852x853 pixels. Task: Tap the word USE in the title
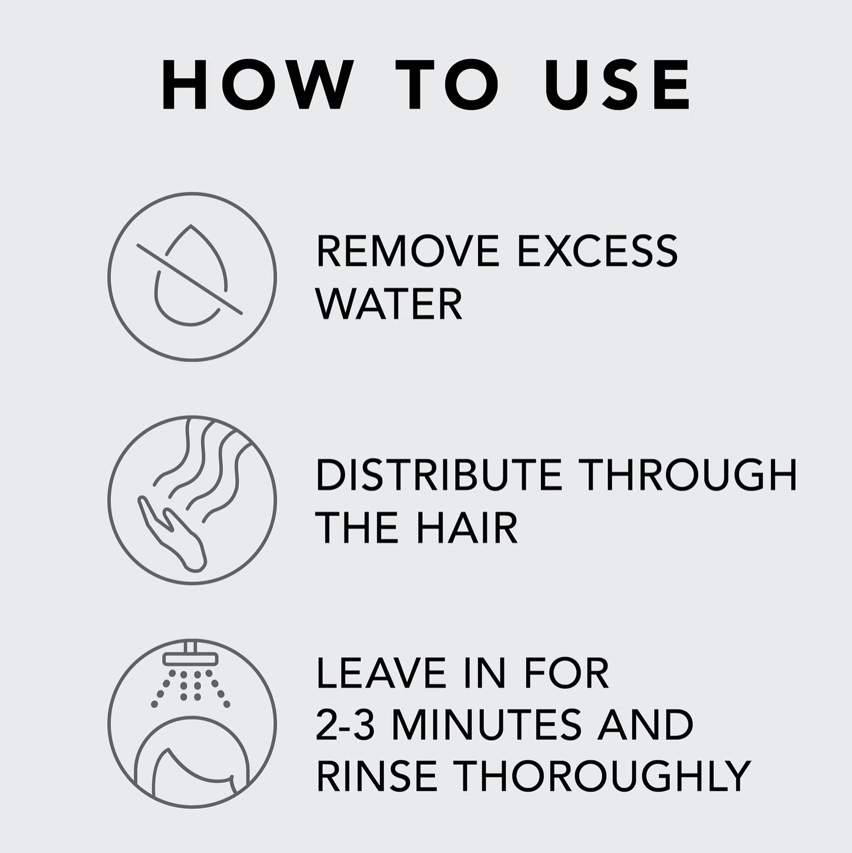coord(617,84)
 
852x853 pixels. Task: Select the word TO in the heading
coord(447,84)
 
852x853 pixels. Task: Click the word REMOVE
coord(407,251)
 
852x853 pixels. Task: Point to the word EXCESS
coord(597,251)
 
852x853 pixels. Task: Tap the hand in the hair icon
coord(172,532)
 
